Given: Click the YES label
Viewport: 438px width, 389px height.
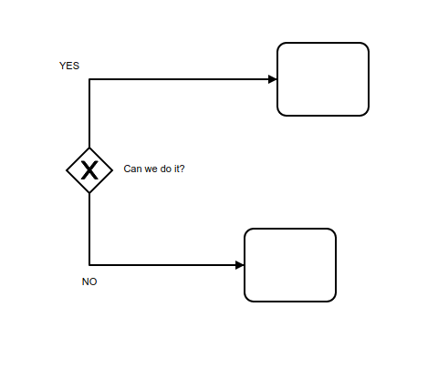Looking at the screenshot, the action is (69, 66).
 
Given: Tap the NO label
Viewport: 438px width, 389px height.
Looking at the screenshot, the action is (89, 282).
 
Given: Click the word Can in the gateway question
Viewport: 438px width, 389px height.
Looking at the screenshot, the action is (132, 169).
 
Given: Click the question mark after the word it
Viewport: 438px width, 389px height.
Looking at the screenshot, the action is (182, 169).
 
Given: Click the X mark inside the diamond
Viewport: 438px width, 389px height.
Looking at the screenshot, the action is (89, 170).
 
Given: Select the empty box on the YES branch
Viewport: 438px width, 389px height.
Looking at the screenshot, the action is (323, 79).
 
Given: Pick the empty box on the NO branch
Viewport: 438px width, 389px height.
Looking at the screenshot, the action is (290, 265).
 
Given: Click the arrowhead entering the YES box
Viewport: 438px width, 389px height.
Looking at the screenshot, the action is (273, 79).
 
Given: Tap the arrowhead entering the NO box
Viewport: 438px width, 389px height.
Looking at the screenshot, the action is (240, 265).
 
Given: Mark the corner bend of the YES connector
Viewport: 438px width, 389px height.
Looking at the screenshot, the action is (89, 79).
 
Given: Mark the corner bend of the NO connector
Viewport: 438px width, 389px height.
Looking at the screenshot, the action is (89, 265).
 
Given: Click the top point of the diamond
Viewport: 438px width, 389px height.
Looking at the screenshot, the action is (89, 148).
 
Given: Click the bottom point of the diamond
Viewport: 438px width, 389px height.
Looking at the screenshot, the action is (89, 193).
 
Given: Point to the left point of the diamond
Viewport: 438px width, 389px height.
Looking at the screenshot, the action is (67, 170).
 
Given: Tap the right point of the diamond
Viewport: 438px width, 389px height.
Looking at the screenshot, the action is (112, 170).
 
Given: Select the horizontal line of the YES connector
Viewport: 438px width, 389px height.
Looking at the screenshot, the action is (183, 79).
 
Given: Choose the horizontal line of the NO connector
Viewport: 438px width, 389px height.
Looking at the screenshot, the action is (167, 265).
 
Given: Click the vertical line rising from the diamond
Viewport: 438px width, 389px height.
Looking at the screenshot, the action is (89, 114).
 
